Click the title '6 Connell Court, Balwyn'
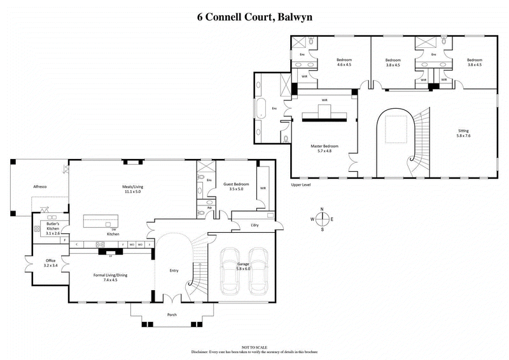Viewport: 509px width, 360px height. pyautogui.click(x=254, y=17)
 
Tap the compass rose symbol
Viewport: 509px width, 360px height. pyautogui.click(x=323, y=219)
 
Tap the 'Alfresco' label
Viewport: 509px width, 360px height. pyautogui.click(x=41, y=187)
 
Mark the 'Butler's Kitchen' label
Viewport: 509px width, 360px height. pyautogui.click(x=53, y=228)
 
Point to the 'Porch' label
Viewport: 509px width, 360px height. pyautogui.click(x=172, y=315)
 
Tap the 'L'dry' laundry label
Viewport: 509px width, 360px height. pyautogui.click(x=254, y=225)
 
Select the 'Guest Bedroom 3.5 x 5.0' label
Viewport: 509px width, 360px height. pyautogui.click(x=236, y=186)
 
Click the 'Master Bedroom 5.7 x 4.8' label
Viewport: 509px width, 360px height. pyautogui.click(x=324, y=148)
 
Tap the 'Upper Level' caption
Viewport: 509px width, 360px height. pyautogui.click(x=300, y=185)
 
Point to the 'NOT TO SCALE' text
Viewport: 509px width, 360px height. pyautogui.click(x=254, y=347)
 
